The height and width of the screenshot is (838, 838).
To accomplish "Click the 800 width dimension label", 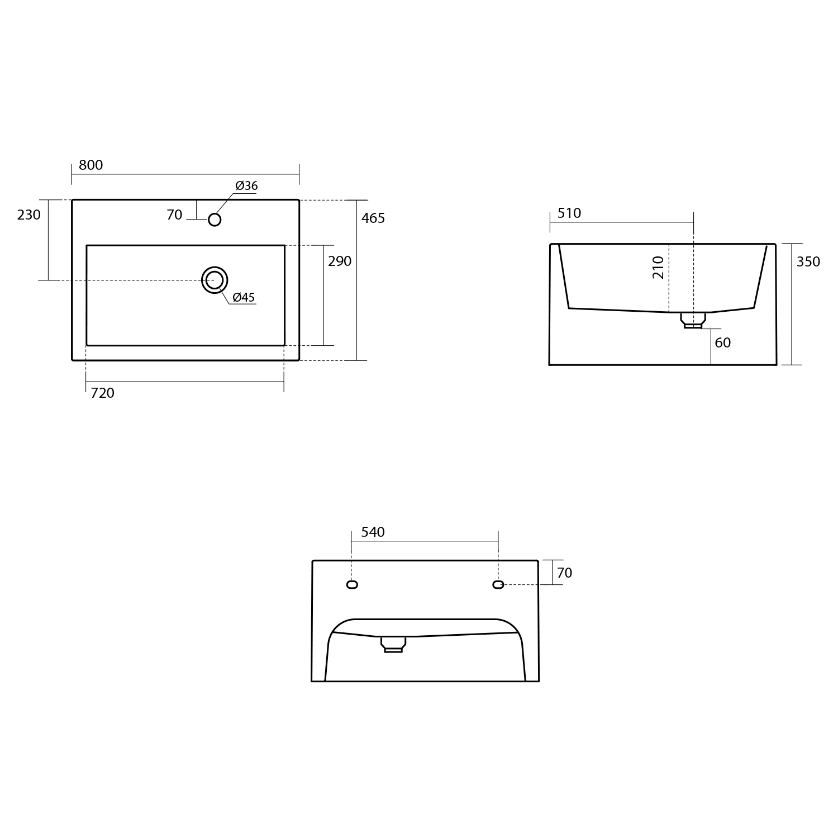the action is (x=91, y=165).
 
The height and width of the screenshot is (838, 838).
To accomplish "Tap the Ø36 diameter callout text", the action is (x=246, y=186).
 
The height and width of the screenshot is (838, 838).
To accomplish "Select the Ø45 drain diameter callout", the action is (x=244, y=297).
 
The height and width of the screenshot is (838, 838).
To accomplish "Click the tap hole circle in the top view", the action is (x=215, y=220).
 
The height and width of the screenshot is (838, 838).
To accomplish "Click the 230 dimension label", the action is (x=28, y=215).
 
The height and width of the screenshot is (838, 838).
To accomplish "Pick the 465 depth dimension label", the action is (x=373, y=218).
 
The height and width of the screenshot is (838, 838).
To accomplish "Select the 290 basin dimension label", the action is (x=340, y=261).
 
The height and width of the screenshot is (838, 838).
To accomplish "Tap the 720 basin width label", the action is (x=102, y=393).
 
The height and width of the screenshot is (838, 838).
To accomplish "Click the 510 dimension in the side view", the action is (x=569, y=213).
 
